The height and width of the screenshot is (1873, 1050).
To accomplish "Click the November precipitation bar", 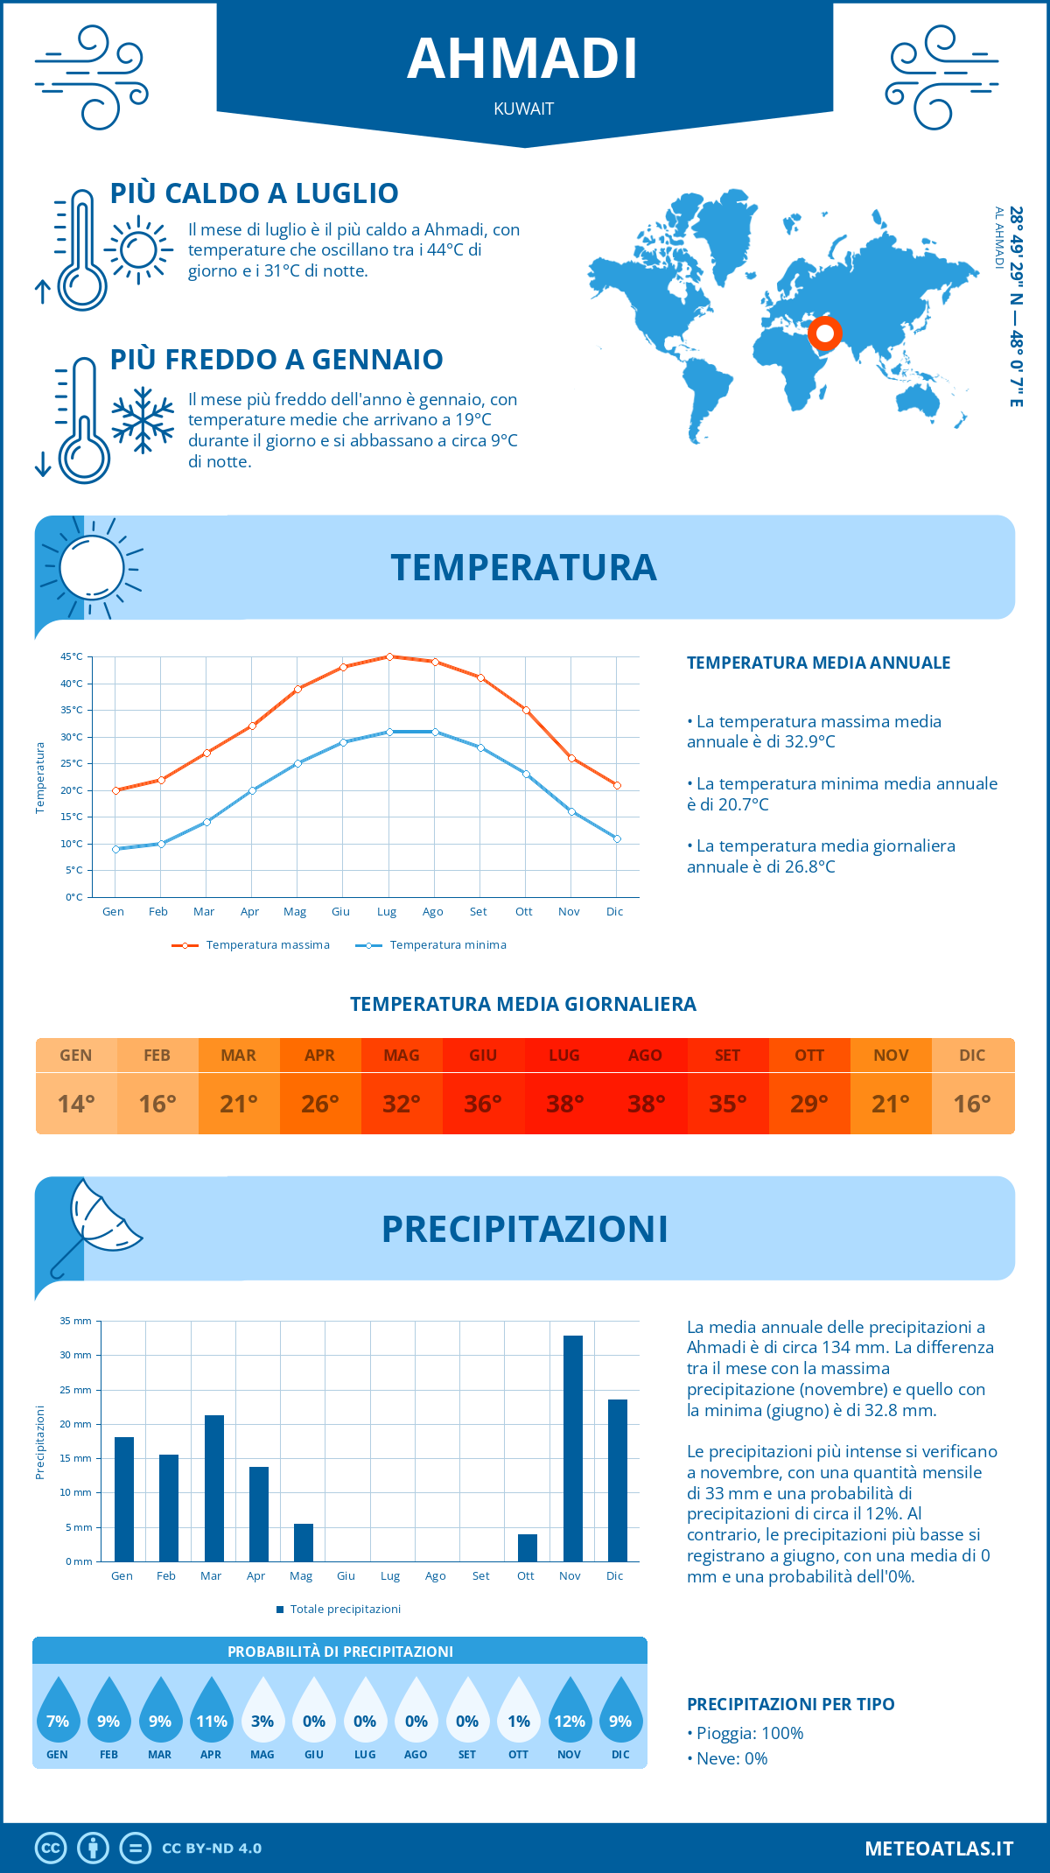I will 572,1449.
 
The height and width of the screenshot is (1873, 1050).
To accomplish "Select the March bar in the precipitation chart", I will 213,1488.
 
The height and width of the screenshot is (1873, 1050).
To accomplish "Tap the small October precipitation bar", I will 527,1547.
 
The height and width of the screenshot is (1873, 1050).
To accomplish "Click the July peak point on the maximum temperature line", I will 389,656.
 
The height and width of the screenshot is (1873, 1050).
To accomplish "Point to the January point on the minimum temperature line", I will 115,849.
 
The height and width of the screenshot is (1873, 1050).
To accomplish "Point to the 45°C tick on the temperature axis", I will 72,656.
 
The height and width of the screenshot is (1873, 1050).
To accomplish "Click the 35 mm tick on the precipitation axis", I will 76,1321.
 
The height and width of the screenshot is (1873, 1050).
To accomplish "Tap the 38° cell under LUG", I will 564,1104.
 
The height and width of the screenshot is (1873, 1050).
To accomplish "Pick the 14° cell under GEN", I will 76,1104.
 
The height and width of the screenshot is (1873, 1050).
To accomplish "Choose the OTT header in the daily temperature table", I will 809,1056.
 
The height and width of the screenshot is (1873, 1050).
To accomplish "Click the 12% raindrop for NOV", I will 570,1715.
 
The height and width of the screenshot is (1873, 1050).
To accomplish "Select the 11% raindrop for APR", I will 211,1715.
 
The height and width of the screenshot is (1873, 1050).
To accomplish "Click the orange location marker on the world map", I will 824,333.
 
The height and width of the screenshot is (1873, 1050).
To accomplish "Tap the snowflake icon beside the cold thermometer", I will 143,420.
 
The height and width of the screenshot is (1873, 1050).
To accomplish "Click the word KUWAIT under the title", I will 524,109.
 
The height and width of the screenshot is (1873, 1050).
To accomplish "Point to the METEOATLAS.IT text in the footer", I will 939,1848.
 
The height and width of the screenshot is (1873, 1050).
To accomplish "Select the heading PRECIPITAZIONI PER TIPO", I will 790,1704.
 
